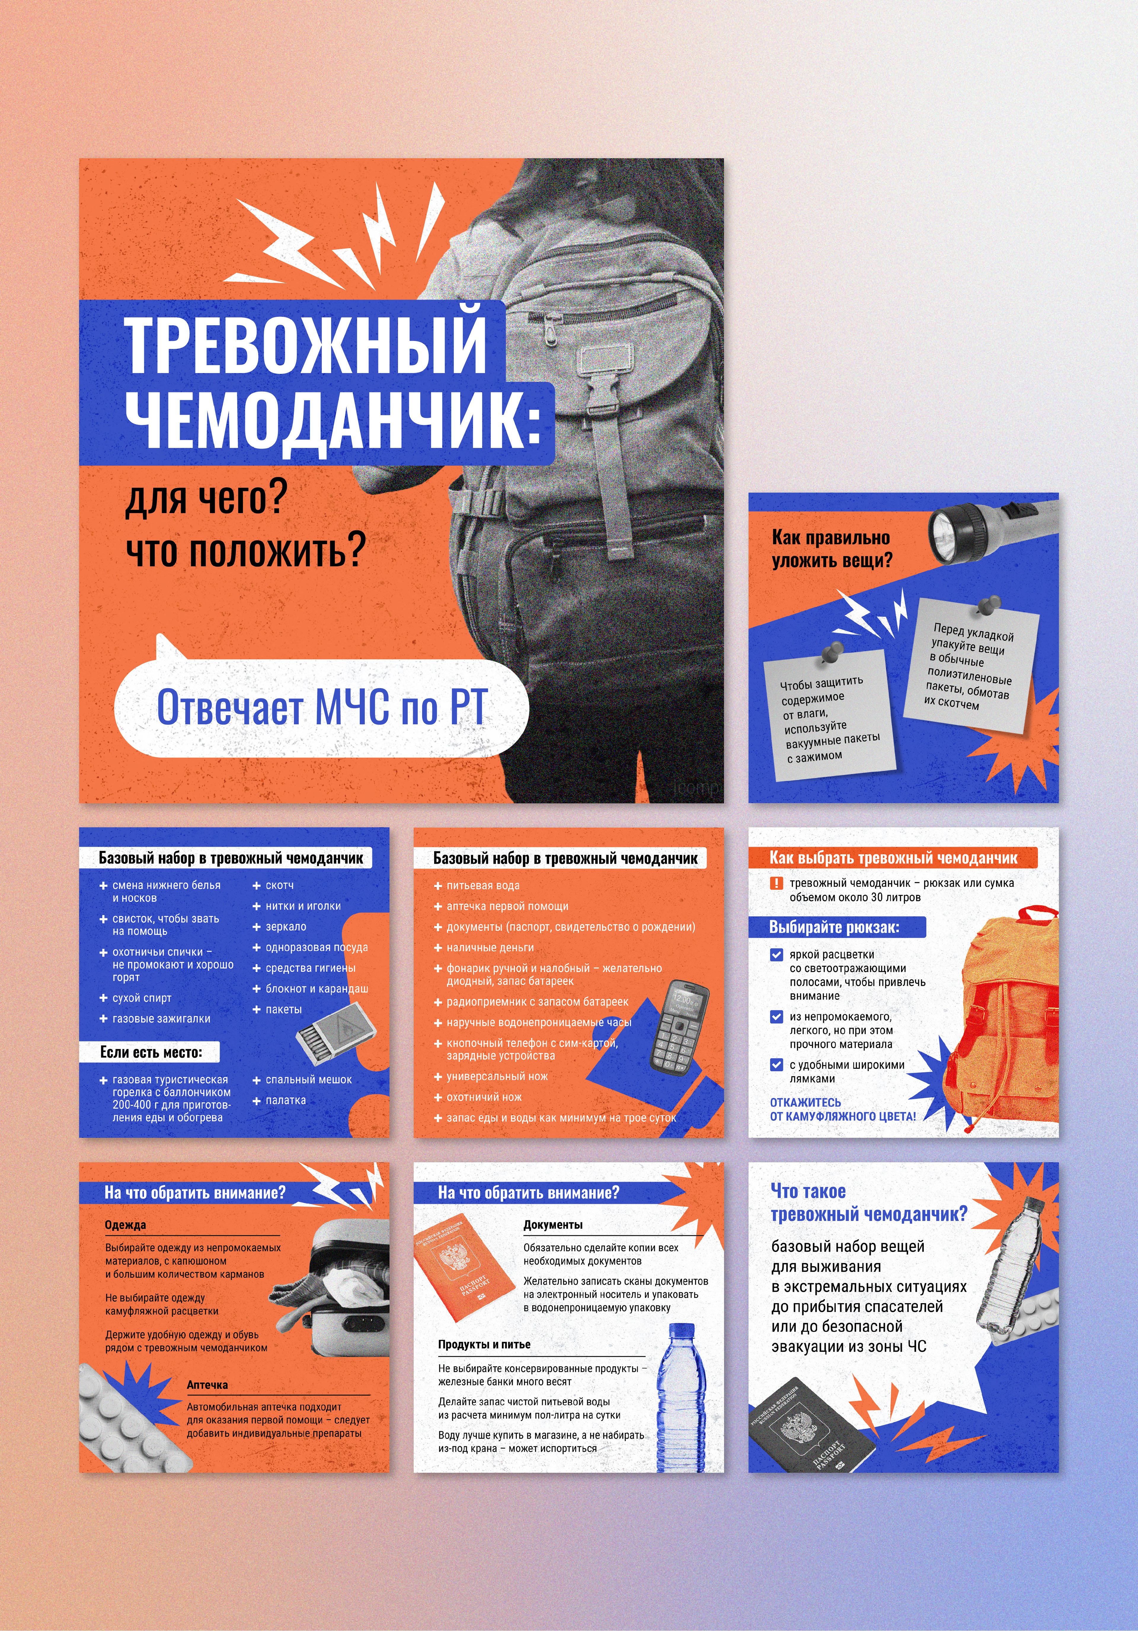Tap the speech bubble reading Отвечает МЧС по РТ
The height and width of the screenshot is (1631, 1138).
point(321,707)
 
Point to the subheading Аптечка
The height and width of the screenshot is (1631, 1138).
point(207,1384)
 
